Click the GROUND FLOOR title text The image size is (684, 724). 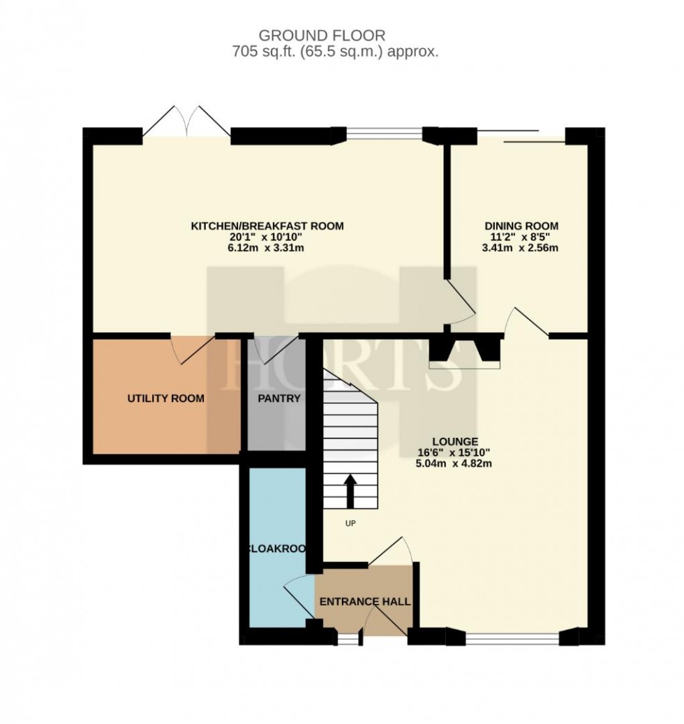tap(322, 35)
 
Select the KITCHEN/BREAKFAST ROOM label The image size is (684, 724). tap(268, 226)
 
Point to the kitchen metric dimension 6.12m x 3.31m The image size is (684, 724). tap(268, 248)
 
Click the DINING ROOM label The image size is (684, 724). tap(521, 226)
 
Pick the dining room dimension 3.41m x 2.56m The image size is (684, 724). tap(521, 248)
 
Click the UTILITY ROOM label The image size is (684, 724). tap(165, 399)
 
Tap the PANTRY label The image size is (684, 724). tap(277, 399)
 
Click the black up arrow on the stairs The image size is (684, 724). tap(350, 492)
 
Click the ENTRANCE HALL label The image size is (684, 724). tap(364, 601)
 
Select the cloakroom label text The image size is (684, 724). tap(276, 549)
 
